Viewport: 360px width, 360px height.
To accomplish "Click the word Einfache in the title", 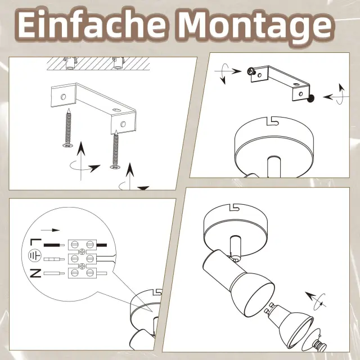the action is [91, 25].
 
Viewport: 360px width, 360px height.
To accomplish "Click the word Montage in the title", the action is [254, 27].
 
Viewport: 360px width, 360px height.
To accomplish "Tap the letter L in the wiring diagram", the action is [35, 242].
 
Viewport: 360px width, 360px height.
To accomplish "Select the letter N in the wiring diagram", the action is [35, 273].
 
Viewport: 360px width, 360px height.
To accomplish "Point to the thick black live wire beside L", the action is [54, 245].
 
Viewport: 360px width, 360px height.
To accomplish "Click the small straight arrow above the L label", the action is [50, 230].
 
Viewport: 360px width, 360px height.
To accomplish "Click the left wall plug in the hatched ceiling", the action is [70, 63].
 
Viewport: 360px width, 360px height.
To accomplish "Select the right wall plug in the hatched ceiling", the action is [118, 63].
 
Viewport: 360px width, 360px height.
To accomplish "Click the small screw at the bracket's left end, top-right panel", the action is [251, 71].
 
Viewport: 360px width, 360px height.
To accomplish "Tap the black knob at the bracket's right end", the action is [310, 98].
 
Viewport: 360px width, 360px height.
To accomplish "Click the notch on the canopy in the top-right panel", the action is [272, 121].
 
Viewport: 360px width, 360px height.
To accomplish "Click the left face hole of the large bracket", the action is [63, 97].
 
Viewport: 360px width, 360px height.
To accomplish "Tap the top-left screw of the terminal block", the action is [74, 244].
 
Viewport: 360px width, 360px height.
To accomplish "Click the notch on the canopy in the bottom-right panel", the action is [234, 208].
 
